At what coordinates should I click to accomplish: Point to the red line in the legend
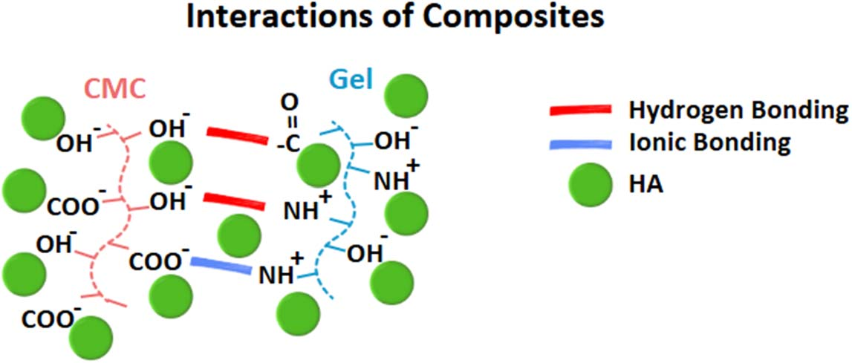click(x=581, y=111)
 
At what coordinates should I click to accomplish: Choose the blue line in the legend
click(x=581, y=144)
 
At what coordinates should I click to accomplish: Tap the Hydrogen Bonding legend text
click(x=738, y=111)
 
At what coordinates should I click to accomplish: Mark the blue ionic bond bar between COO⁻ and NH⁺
click(x=221, y=265)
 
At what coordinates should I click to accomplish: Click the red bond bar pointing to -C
click(x=237, y=137)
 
